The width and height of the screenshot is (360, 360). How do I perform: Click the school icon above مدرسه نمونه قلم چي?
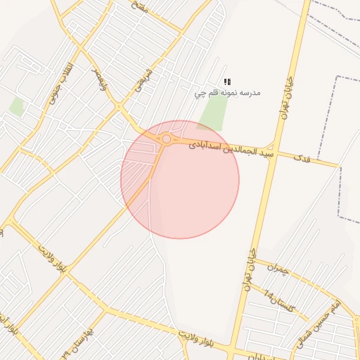(x=227, y=82)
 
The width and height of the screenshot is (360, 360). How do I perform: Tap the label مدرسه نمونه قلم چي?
(x=227, y=93)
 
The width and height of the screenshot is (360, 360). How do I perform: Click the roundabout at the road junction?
(x=166, y=139)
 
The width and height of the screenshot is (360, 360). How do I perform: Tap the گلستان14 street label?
(x=283, y=303)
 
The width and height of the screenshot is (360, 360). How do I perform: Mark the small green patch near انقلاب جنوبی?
(x=16, y=107)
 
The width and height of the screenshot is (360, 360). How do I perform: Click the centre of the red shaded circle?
(x=180, y=179)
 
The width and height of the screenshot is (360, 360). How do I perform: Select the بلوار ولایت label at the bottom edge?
(x=203, y=341)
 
